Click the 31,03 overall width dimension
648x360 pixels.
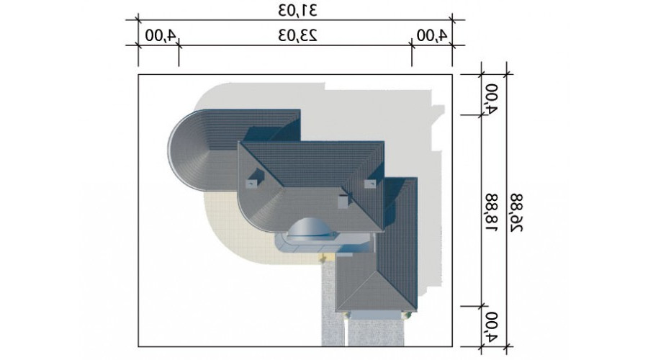(x=297, y=10)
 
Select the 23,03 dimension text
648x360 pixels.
(x=297, y=35)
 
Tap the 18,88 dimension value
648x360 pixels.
(x=491, y=212)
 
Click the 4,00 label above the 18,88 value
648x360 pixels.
(x=491, y=99)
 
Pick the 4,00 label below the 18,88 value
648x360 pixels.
(x=491, y=327)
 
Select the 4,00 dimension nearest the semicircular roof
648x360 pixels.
(x=161, y=35)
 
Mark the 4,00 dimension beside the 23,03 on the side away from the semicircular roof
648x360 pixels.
(x=432, y=35)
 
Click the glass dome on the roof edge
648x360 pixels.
(x=312, y=228)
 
